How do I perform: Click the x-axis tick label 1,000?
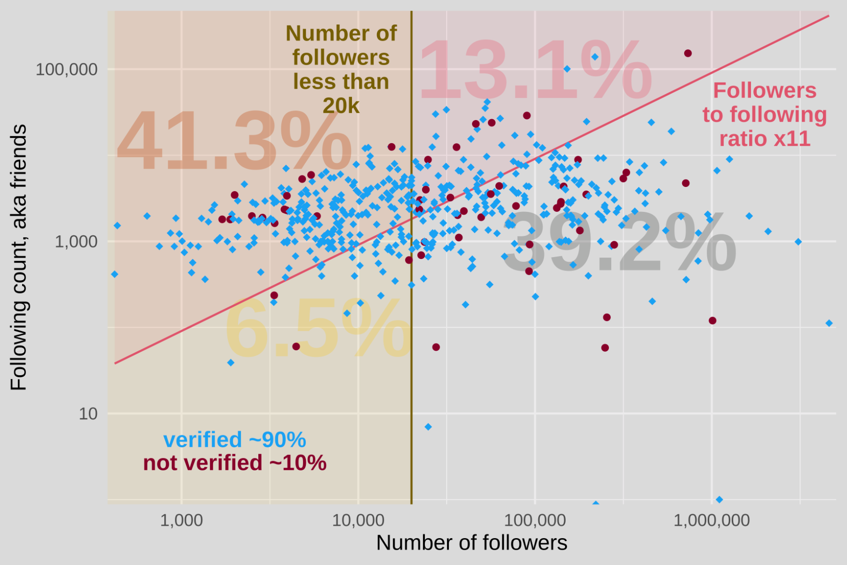(x=181, y=520)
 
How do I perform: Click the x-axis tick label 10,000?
(x=358, y=520)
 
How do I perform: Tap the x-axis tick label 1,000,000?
(x=711, y=520)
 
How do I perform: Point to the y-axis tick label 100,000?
(x=66, y=70)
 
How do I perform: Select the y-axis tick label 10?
(x=88, y=414)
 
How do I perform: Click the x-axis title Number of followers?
(x=472, y=543)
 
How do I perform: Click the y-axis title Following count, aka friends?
(x=19, y=257)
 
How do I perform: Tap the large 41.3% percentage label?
(x=234, y=141)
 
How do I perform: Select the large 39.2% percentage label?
(x=619, y=243)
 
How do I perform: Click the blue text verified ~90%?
(x=234, y=440)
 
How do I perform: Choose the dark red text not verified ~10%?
(x=234, y=463)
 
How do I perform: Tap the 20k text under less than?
(x=341, y=106)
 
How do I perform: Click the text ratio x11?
(x=764, y=139)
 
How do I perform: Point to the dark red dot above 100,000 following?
(x=688, y=53)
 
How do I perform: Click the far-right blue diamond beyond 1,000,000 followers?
(x=829, y=323)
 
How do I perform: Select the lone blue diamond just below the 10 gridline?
(x=428, y=427)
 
